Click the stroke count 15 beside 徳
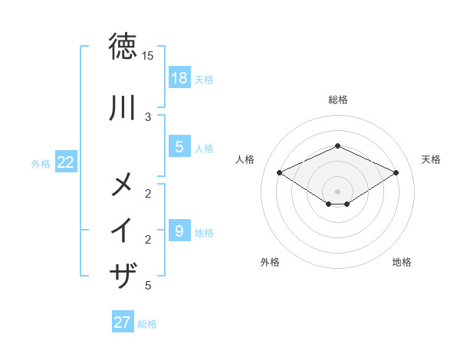click(148, 56)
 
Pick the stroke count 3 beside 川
click(148, 116)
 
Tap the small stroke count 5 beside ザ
click(148, 286)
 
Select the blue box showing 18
click(179, 78)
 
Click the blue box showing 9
click(179, 231)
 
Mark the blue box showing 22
click(66, 162)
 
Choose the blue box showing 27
click(123, 322)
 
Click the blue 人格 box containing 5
click(179, 147)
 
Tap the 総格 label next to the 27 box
click(147, 324)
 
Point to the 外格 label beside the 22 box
click(41, 163)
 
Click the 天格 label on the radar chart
click(431, 159)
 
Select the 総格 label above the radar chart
click(338, 100)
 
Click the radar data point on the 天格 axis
click(396, 172)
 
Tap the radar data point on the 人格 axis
click(280, 172)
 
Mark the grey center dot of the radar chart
click(338, 191)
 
